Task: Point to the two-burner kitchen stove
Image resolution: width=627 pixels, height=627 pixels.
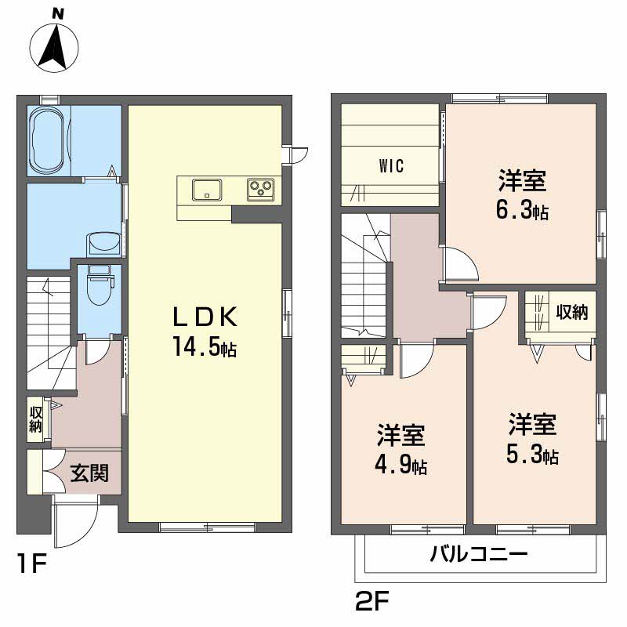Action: (x=261, y=188)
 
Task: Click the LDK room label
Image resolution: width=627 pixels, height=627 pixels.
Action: (x=205, y=317)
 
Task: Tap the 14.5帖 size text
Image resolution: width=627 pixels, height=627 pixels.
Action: (x=205, y=347)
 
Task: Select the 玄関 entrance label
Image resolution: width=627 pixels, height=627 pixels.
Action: (x=90, y=473)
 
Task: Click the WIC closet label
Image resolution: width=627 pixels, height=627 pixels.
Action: (x=391, y=166)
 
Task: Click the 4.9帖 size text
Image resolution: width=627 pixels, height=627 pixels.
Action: (x=400, y=466)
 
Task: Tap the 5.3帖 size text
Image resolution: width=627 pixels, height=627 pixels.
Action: (x=532, y=455)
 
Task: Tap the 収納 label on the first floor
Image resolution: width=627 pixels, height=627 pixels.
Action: (x=36, y=419)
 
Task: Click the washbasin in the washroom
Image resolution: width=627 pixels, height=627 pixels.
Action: (x=103, y=244)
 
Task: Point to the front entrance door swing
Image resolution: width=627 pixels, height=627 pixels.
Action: (x=77, y=521)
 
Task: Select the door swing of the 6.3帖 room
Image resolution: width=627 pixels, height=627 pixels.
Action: (x=460, y=264)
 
